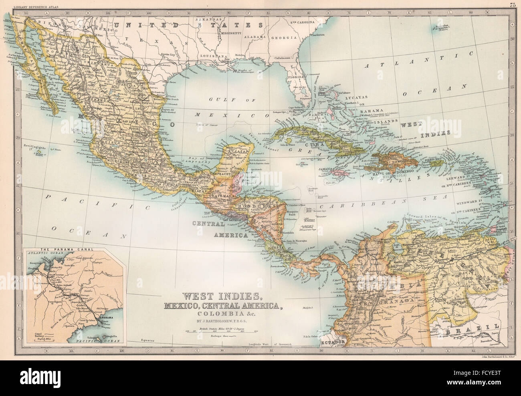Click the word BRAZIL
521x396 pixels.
click(x=470, y=330)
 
